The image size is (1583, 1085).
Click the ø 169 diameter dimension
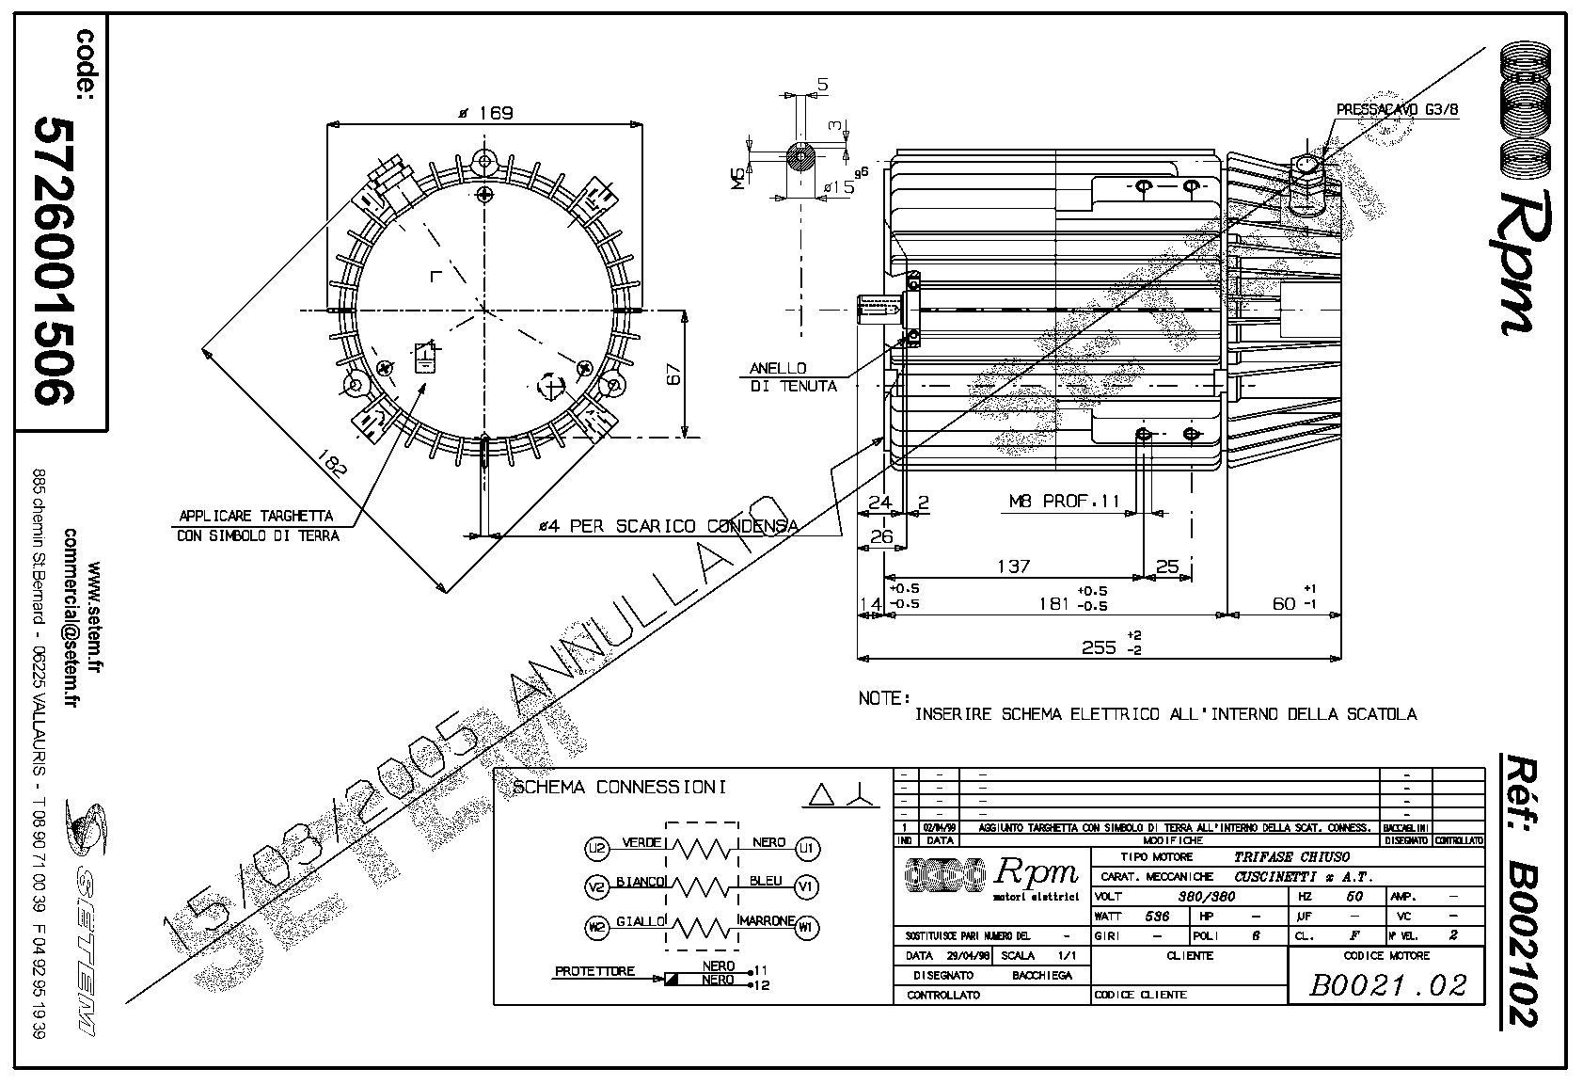(x=484, y=114)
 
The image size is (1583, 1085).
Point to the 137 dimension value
(x=1013, y=566)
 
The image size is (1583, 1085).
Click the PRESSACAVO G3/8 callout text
(x=1397, y=110)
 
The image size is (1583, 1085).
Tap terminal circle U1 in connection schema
(x=806, y=849)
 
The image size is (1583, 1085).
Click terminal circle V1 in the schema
(x=806, y=886)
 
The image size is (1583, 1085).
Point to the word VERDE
(x=641, y=843)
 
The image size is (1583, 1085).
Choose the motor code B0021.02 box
(x=1387, y=984)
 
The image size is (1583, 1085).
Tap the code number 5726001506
(x=55, y=260)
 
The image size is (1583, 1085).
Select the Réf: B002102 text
(x=1518, y=889)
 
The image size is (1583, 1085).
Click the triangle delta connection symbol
(x=820, y=796)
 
